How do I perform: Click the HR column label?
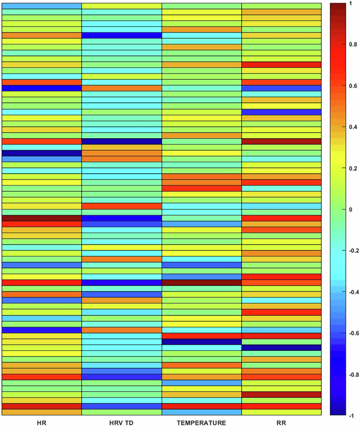42,422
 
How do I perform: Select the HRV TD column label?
121,422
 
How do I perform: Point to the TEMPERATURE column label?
202,422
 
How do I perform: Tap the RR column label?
281,422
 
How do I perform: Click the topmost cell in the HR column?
42,5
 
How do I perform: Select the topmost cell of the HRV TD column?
121,5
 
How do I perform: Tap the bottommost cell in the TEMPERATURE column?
202,412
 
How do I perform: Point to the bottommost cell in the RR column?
281,412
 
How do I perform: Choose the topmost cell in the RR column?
281,5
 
